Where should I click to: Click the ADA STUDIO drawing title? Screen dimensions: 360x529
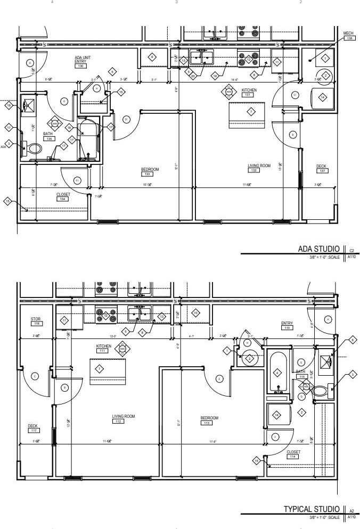pos(318,249)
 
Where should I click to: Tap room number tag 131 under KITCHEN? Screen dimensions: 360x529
pos(249,95)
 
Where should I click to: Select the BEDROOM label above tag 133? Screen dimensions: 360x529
pos(150,169)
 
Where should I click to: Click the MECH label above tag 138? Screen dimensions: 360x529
pos(348,33)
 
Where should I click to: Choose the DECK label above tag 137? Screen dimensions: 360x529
pos(321,166)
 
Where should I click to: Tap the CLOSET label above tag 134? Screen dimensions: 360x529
pos(63,194)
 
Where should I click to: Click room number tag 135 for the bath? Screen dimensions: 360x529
pos(50,138)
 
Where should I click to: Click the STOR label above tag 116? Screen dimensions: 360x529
pos(36,319)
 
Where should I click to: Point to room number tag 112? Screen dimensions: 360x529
pos(118,421)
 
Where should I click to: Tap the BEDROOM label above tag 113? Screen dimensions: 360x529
pos(209,418)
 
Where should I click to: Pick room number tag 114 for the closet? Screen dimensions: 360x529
pos(293,457)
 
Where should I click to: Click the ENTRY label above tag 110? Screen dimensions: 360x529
pos(287,323)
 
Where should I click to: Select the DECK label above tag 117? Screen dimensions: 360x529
pos(32,425)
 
